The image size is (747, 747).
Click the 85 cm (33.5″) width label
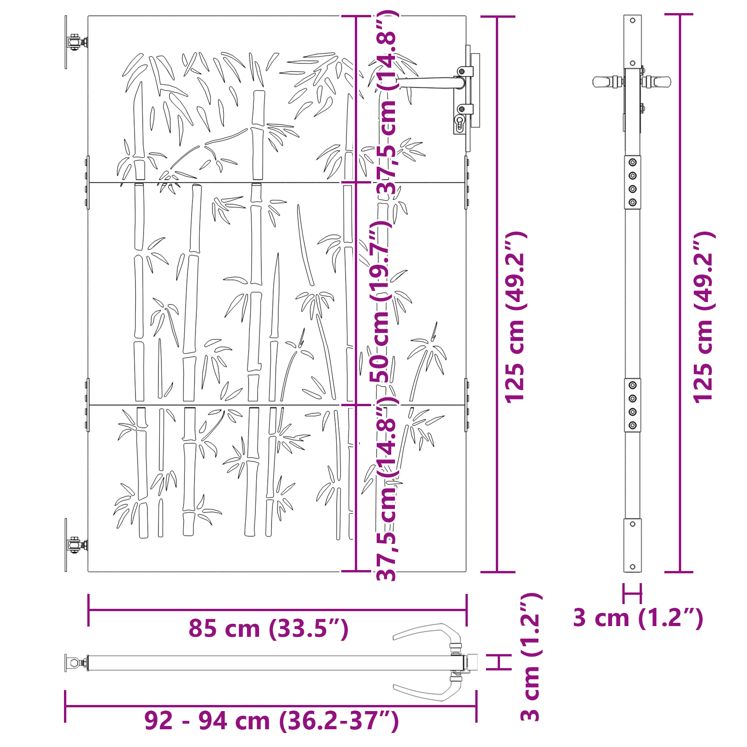268,628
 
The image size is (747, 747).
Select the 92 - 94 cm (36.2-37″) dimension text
271,720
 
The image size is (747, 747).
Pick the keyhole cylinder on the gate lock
459,124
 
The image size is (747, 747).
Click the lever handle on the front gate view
427,83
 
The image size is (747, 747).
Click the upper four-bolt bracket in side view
633,182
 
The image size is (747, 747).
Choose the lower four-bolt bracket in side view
633,405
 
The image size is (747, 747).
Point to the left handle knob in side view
602,82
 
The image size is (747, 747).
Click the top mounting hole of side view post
633,21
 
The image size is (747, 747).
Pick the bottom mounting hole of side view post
633,567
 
